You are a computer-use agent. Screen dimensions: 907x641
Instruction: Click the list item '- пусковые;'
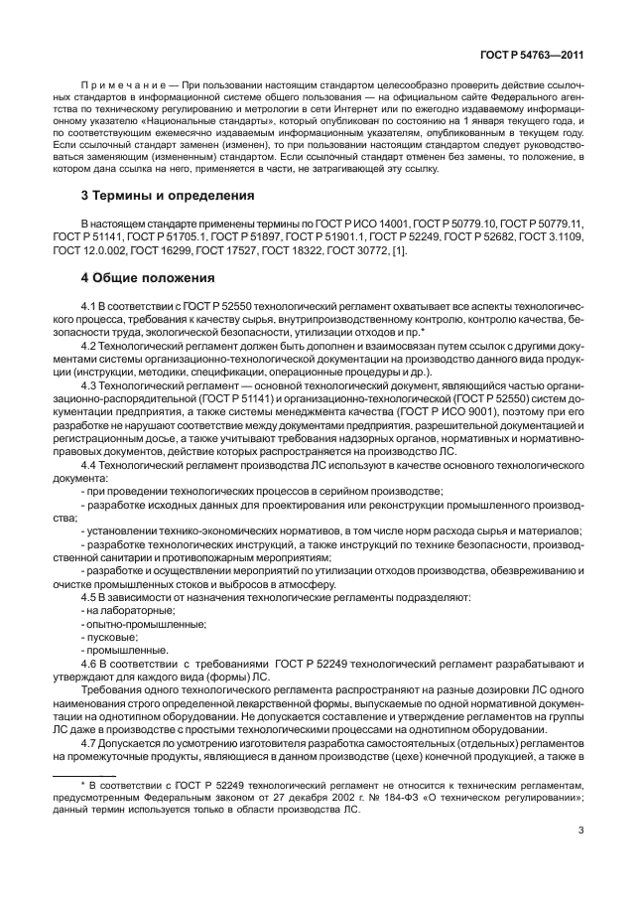tap(109, 637)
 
